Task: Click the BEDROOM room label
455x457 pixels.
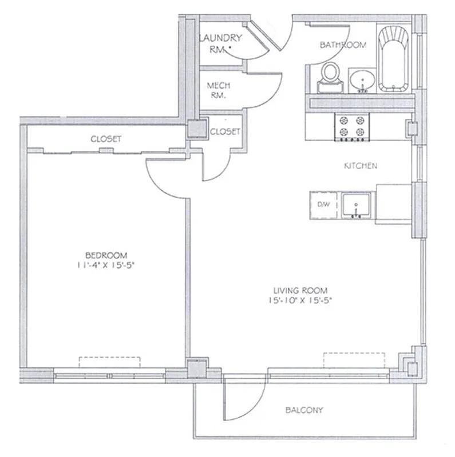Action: pos(106,255)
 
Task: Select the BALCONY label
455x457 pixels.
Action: pos(304,410)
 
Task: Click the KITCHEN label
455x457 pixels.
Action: pos(360,166)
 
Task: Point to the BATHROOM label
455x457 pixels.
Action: pos(342,45)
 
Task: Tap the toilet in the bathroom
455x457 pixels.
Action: pos(329,77)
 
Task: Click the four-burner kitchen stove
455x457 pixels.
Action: pos(351,126)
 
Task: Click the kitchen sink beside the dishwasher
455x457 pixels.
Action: pos(356,206)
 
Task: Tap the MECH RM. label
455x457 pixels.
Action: pos(219,90)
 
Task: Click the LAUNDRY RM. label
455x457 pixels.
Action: pos(220,43)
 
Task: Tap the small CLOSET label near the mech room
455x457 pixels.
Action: pos(225,131)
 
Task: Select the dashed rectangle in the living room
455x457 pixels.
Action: pos(354,360)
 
